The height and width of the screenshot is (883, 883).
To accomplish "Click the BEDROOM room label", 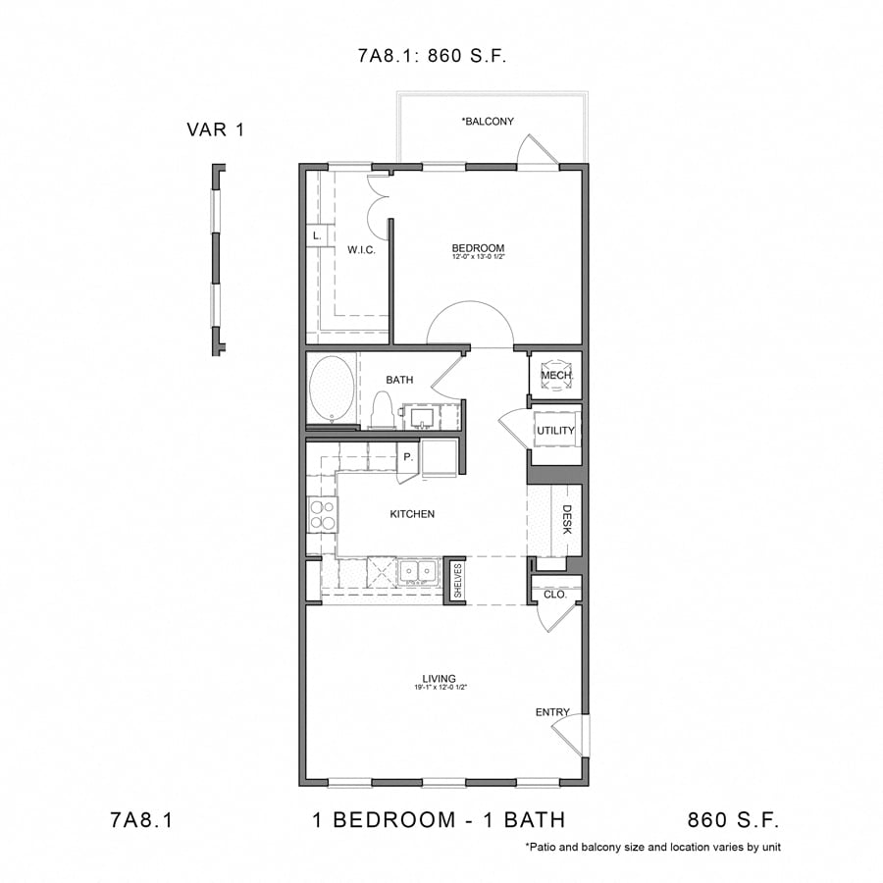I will click(478, 248).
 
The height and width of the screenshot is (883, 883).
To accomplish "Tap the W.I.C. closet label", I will click(361, 249).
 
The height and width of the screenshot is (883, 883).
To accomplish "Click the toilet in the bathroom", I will click(382, 409).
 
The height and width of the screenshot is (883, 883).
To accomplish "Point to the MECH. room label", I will click(555, 376).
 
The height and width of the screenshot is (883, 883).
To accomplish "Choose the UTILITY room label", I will click(555, 431).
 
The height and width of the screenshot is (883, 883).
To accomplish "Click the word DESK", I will click(567, 519).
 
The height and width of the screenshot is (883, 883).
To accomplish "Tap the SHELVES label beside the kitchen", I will click(457, 581).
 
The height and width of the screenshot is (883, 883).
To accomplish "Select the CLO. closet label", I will click(555, 594).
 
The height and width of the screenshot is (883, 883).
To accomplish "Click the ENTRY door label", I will click(551, 712).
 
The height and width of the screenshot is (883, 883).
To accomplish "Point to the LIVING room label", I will click(439, 678).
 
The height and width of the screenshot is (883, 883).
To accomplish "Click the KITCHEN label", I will click(412, 514).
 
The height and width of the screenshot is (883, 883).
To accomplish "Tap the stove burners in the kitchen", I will click(323, 514).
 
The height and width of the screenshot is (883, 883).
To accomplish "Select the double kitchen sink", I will click(419, 571).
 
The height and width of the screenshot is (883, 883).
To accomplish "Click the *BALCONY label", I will click(488, 122).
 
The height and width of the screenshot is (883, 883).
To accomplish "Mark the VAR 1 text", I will click(215, 129).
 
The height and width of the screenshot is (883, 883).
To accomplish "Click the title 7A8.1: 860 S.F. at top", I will click(432, 56).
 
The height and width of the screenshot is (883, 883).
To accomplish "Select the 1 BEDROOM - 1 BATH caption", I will click(439, 819).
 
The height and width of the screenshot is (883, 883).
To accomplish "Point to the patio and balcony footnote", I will click(652, 847).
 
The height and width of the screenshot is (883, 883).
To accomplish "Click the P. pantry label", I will click(406, 457).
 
